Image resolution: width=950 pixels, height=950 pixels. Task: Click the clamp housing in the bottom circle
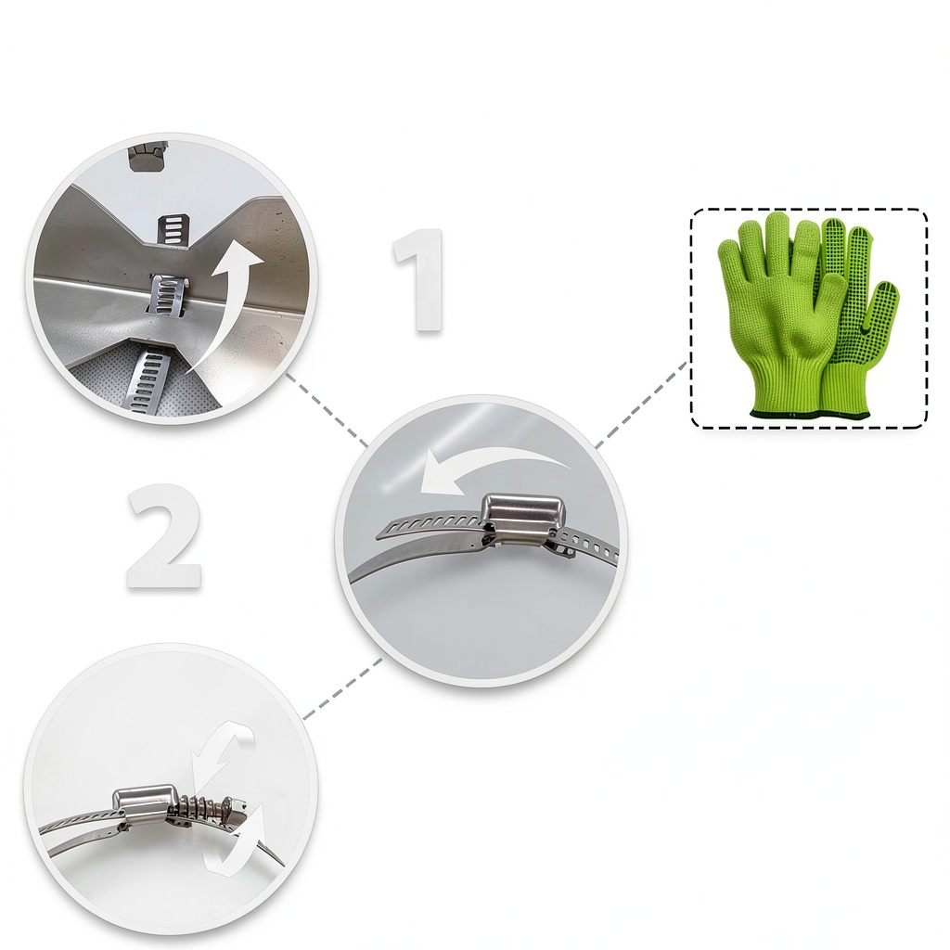[x=146, y=800]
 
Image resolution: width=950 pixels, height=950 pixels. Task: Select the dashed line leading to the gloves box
[x=642, y=404]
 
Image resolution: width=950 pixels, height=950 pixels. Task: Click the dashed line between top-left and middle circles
[x=326, y=410]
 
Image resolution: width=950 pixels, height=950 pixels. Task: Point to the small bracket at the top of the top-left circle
[x=148, y=160]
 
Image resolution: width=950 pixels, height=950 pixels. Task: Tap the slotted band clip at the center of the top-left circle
[x=168, y=294]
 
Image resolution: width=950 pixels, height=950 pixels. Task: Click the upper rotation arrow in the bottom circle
[x=219, y=754]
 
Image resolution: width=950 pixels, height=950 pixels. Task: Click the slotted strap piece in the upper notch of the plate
[x=173, y=229]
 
